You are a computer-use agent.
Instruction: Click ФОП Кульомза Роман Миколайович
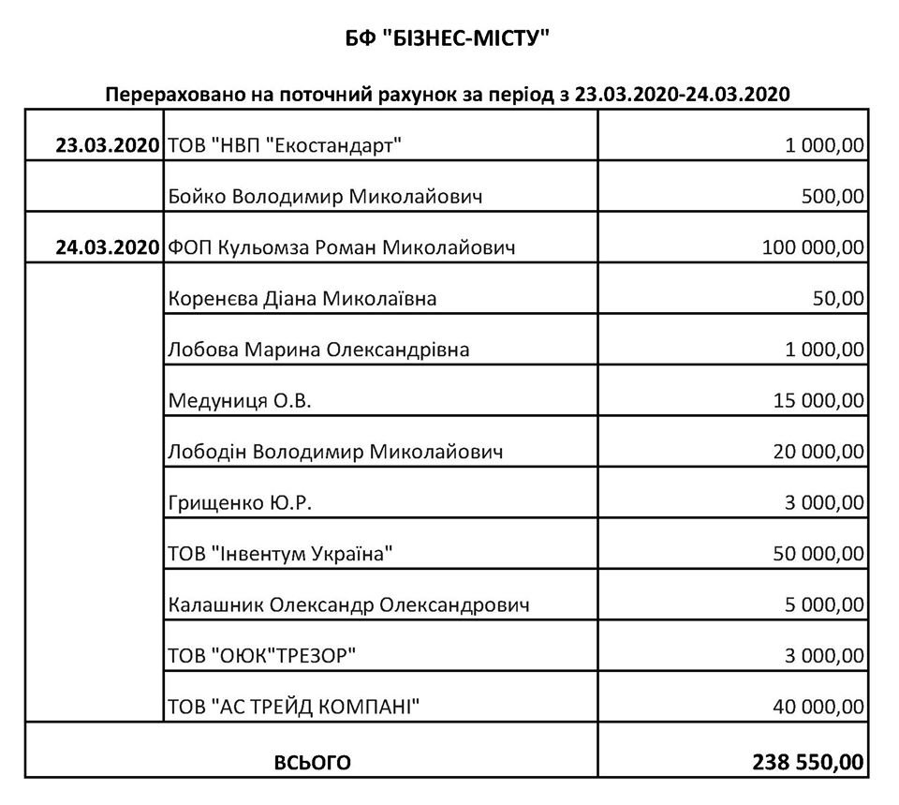342,248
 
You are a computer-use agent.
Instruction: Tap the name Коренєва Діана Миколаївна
302,299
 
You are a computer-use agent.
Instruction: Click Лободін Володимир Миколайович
336,453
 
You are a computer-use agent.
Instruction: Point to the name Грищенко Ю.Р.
240,503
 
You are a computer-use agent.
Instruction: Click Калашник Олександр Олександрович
349,605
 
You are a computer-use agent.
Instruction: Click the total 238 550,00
807,761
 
